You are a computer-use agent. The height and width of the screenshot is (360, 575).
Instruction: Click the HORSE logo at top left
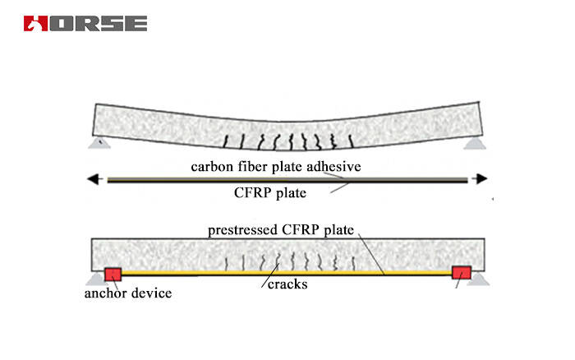click(85, 23)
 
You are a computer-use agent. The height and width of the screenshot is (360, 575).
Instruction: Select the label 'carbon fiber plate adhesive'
click(276, 167)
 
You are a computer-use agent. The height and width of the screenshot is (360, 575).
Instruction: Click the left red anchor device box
click(112, 273)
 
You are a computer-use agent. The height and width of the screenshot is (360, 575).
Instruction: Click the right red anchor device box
click(461, 273)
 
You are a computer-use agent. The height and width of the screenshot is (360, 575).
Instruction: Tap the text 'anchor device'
click(126, 293)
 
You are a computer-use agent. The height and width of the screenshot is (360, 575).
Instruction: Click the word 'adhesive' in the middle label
click(333, 167)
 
